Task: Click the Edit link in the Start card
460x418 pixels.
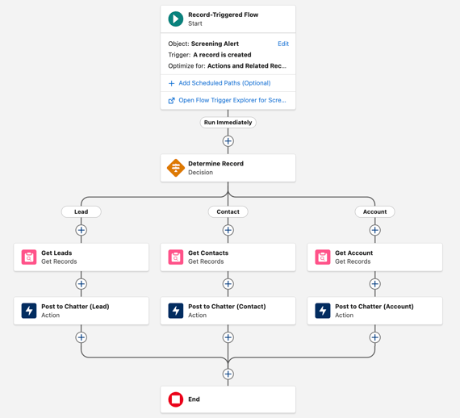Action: (x=282, y=44)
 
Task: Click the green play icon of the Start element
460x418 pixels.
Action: (x=176, y=19)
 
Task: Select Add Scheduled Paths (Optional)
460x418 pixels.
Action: (x=224, y=83)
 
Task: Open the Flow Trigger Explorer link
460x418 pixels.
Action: (x=232, y=100)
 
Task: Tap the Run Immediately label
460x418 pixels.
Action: (x=228, y=123)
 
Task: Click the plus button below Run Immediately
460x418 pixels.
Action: (x=228, y=141)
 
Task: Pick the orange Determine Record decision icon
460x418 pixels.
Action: (x=176, y=168)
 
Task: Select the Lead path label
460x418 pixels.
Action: (x=82, y=211)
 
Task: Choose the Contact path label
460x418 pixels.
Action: (x=228, y=211)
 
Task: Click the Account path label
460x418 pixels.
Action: (x=374, y=211)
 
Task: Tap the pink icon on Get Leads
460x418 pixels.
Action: (x=29, y=257)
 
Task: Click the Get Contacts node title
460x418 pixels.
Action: (x=208, y=253)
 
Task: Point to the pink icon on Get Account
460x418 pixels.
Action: (x=323, y=257)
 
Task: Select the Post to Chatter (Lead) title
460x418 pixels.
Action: (x=75, y=307)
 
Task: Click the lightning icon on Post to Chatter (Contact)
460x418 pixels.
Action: (x=176, y=311)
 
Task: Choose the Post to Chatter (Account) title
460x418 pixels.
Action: (x=374, y=307)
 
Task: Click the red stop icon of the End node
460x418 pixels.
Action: (x=176, y=399)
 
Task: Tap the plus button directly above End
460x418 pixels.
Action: (x=228, y=374)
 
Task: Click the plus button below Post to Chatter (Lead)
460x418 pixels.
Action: (x=82, y=337)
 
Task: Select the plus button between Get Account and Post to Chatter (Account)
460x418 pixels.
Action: (x=374, y=284)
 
